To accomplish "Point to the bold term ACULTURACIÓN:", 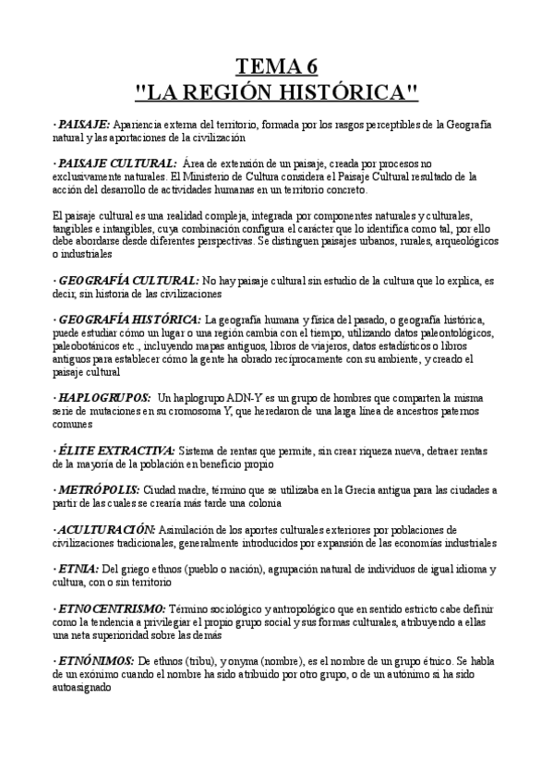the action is tap(107, 530).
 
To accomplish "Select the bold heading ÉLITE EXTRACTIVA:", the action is tap(118, 451).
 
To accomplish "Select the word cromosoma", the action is tap(187, 411).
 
